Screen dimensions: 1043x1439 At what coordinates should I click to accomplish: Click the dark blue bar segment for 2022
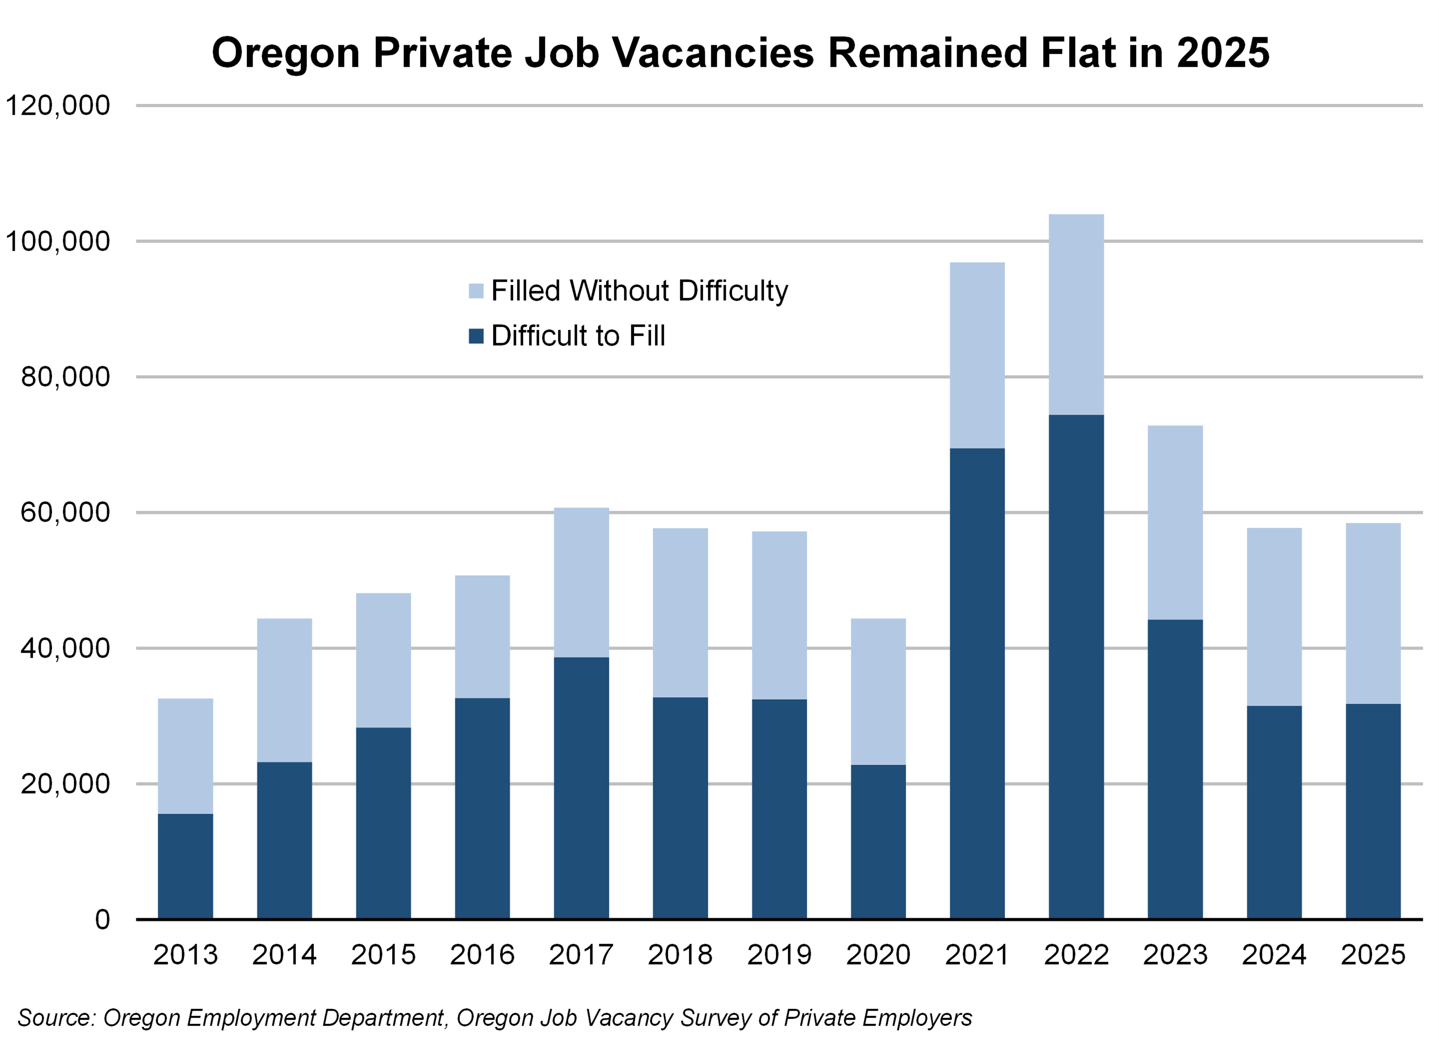[x=1076, y=666]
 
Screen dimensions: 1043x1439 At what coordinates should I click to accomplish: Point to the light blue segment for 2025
[x=1373, y=613]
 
